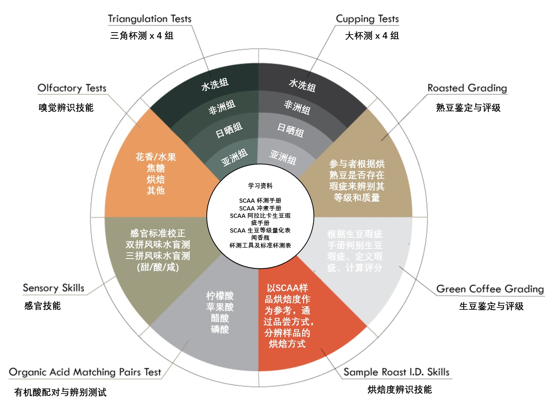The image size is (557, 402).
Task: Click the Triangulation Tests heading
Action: (149, 19)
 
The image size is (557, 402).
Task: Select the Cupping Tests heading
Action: (367, 19)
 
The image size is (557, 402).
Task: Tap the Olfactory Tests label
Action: (72, 88)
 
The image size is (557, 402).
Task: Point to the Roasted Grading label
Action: (467, 88)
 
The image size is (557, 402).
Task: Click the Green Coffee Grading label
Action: (490, 289)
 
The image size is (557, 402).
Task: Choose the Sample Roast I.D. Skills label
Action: (396, 372)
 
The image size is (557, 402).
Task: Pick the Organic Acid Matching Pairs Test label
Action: (85, 372)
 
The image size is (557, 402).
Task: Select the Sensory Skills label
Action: (53, 288)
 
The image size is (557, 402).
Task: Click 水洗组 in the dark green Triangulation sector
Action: (215, 85)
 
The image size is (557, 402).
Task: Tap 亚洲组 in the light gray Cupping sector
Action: (283, 157)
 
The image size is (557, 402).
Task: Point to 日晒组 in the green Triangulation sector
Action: (229, 130)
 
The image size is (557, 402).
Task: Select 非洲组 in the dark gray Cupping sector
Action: (297, 107)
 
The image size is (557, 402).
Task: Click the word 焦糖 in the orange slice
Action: (156, 168)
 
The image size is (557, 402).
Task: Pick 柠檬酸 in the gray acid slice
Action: (220, 296)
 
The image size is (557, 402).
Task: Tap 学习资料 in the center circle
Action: (260, 186)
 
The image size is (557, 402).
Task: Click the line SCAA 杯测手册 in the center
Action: (260, 201)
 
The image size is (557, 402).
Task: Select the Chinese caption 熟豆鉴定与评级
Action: (468, 108)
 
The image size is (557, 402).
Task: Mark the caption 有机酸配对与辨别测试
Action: (60, 392)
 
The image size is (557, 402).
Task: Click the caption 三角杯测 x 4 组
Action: (142, 36)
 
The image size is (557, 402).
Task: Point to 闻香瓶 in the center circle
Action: (260, 238)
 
